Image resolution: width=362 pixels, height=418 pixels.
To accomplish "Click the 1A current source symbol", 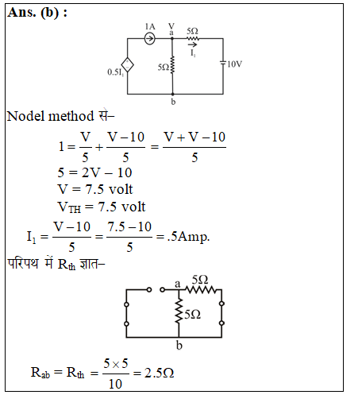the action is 150,38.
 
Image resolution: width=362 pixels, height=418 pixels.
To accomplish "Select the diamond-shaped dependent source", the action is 127,65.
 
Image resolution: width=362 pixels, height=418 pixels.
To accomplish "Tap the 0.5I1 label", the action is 116,72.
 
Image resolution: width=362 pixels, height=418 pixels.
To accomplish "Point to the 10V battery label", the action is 235,64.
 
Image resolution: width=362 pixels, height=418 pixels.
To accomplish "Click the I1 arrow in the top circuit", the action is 192,45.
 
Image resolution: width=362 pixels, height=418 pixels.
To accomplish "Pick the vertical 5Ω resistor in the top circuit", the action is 172,65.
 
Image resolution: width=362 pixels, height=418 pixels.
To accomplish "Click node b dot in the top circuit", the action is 172,94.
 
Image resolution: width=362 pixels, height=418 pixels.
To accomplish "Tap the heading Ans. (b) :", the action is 37,13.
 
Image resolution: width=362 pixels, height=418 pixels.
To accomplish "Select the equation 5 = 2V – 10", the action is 94,172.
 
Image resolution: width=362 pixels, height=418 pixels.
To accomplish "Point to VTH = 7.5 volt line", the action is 102,207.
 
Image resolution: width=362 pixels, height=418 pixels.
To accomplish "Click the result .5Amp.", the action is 189,237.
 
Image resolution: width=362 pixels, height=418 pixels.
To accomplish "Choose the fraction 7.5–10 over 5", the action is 129,237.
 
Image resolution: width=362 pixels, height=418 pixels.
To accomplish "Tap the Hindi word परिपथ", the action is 23,263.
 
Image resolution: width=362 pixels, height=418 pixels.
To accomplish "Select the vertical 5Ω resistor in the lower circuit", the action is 179,311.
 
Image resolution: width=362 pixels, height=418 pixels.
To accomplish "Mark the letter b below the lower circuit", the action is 179,346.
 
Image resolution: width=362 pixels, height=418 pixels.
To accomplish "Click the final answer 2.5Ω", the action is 160,373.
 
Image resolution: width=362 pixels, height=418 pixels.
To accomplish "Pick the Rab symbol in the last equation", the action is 40,373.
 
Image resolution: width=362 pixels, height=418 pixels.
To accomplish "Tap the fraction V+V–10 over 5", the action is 194,147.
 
